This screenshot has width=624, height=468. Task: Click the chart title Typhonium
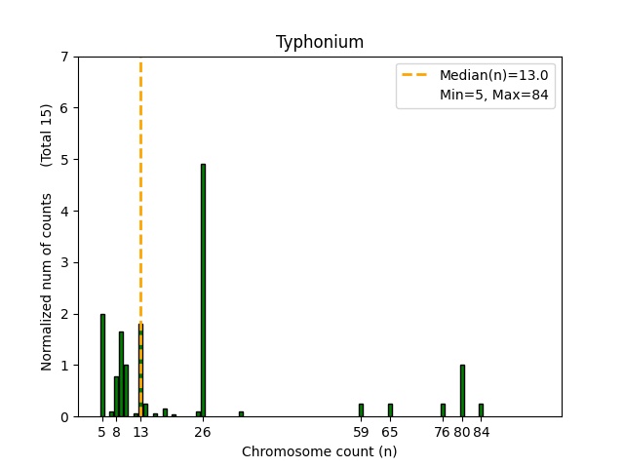tap(320, 42)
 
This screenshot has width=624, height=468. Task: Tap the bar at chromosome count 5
tap(102, 366)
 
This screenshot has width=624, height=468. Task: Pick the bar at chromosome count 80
tap(462, 391)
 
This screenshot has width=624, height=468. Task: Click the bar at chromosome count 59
tap(361, 410)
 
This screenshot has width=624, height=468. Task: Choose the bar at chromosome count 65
tap(390, 410)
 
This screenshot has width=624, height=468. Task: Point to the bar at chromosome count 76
tap(443, 410)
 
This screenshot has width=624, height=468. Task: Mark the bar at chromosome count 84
tap(481, 410)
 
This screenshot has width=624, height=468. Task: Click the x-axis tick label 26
tap(203, 432)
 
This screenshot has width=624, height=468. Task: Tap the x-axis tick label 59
tap(361, 432)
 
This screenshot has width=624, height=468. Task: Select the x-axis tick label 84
tap(481, 432)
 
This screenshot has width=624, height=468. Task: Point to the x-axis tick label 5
tap(102, 432)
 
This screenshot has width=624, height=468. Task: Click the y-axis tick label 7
tap(64, 57)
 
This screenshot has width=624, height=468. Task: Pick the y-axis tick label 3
tap(64, 262)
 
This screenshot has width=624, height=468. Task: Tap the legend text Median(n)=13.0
tap(493, 75)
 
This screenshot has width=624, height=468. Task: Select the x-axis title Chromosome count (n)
tap(320, 451)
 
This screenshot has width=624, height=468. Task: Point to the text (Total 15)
tap(47, 135)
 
